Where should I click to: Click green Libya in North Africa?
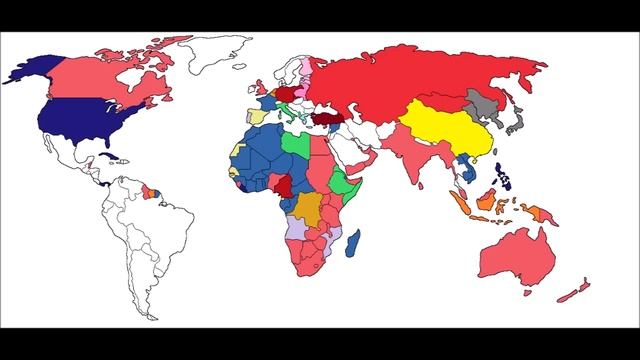pos(297,146)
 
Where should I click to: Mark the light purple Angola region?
pos(299,231)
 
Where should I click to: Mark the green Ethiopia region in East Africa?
pos(343,184)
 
